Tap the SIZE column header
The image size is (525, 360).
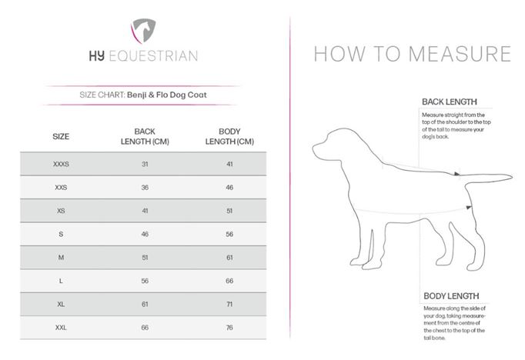(x=61, y=137)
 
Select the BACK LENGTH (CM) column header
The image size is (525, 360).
(x=145, y=137)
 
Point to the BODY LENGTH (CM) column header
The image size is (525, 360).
(x=229, y=137)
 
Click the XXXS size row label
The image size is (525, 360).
(x=61, y=165)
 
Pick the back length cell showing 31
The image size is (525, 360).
(x=145, y=165)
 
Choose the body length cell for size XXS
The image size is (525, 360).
(x=229, y=188)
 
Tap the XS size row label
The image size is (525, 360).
(x=61, y=211)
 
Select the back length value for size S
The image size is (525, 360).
(x=145, y=235)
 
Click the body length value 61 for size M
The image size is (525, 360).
(x=229, y=258)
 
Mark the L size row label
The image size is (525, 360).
(x=61, y=282)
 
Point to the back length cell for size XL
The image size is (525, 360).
(x=145, y=305)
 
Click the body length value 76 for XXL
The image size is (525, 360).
(x=229, y=328)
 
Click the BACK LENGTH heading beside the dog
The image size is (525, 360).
(x=449, y=102)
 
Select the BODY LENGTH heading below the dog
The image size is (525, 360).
(x=451, y=296)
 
